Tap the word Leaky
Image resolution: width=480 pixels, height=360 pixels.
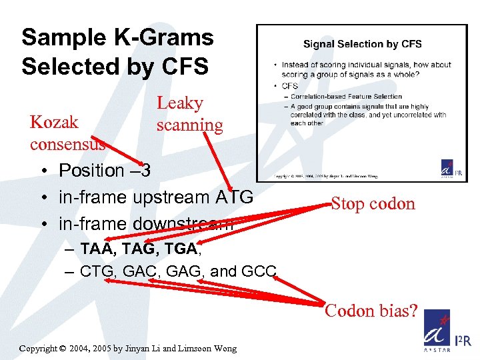[x=180, y=103]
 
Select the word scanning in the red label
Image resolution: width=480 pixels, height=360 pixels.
[x=189, y=125]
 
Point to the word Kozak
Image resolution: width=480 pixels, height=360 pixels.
[x=54, y=122]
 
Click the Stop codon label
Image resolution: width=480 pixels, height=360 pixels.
[x=373, y=203]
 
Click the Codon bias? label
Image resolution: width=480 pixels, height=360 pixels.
[x=371, y=311]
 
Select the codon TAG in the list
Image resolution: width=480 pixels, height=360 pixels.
[x=139, y=249]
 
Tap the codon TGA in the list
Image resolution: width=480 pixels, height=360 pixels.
[x=179, y=249]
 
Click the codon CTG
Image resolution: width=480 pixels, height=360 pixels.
[x=96, y=271]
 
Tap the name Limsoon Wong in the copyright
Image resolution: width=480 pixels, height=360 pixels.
[x=207, y=349]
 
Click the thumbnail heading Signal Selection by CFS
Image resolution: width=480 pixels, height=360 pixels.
[x=362, y=44]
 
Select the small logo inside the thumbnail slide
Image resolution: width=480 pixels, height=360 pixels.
[x=447, y=169]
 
